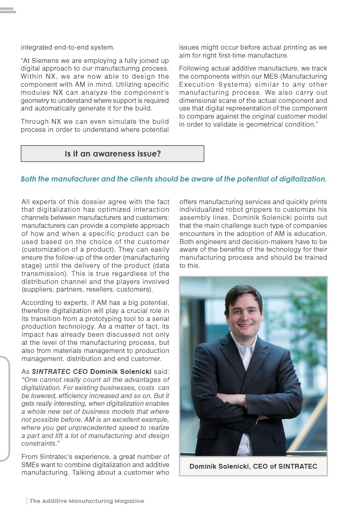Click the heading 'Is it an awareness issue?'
coord(113,154)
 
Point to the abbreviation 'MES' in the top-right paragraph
coord(259,77)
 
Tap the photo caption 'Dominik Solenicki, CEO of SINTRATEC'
coord(253,467)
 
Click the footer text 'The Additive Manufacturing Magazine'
coord(87,501)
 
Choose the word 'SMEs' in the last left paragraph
coord(31,465)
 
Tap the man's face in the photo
coord(244,313)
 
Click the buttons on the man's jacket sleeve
coord(261,412)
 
